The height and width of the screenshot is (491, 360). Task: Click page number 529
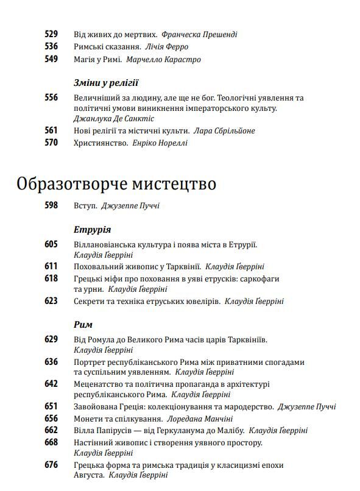51,34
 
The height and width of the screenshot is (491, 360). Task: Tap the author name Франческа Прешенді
200,35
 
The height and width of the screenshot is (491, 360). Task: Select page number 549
51,59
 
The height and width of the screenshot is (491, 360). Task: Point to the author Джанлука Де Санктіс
113,119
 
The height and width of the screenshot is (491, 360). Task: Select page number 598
51,205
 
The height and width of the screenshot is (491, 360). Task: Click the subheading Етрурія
92,230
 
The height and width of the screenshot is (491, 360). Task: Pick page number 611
51,266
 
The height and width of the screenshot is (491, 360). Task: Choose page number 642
51,384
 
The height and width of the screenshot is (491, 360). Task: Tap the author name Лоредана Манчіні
200,419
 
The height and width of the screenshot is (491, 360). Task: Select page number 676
51,465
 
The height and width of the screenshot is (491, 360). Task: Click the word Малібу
229,430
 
